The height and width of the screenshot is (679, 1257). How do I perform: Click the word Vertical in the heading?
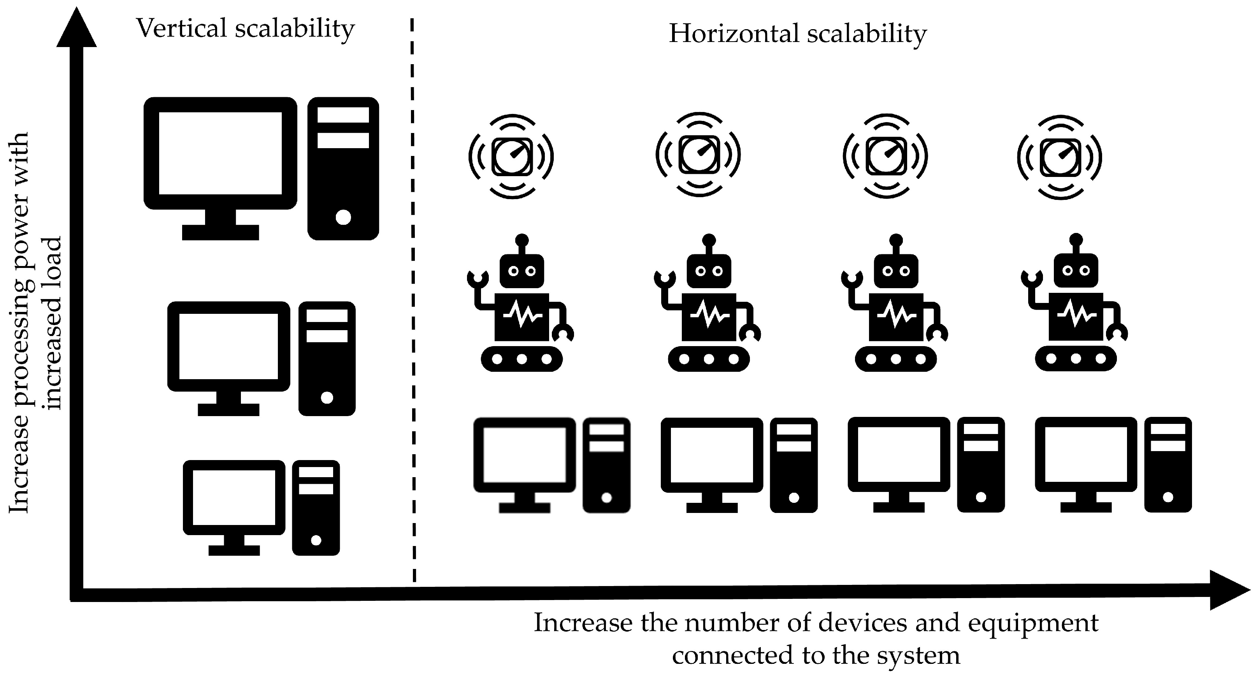[x=181, y=28]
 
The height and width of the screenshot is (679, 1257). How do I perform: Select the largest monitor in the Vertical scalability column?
[x=220, y=154]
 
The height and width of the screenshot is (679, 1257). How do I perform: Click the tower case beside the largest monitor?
[x=343, y=168]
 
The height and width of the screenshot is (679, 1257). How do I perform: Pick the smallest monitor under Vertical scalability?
[x=234, y=497]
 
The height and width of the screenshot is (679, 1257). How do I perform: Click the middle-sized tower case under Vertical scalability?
[x=327, y=359]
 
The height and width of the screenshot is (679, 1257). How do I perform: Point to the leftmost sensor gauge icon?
[x=511, y=156]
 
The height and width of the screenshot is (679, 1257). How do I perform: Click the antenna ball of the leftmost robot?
[x=521, y=240]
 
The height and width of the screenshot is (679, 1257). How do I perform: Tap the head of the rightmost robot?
[x=1076, y=271]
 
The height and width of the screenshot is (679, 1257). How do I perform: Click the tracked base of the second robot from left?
[x=709, y=359]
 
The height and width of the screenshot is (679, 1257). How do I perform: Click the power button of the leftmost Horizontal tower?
[x=607, y=497]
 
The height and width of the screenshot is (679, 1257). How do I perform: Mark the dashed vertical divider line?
[x=413, y=303]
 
